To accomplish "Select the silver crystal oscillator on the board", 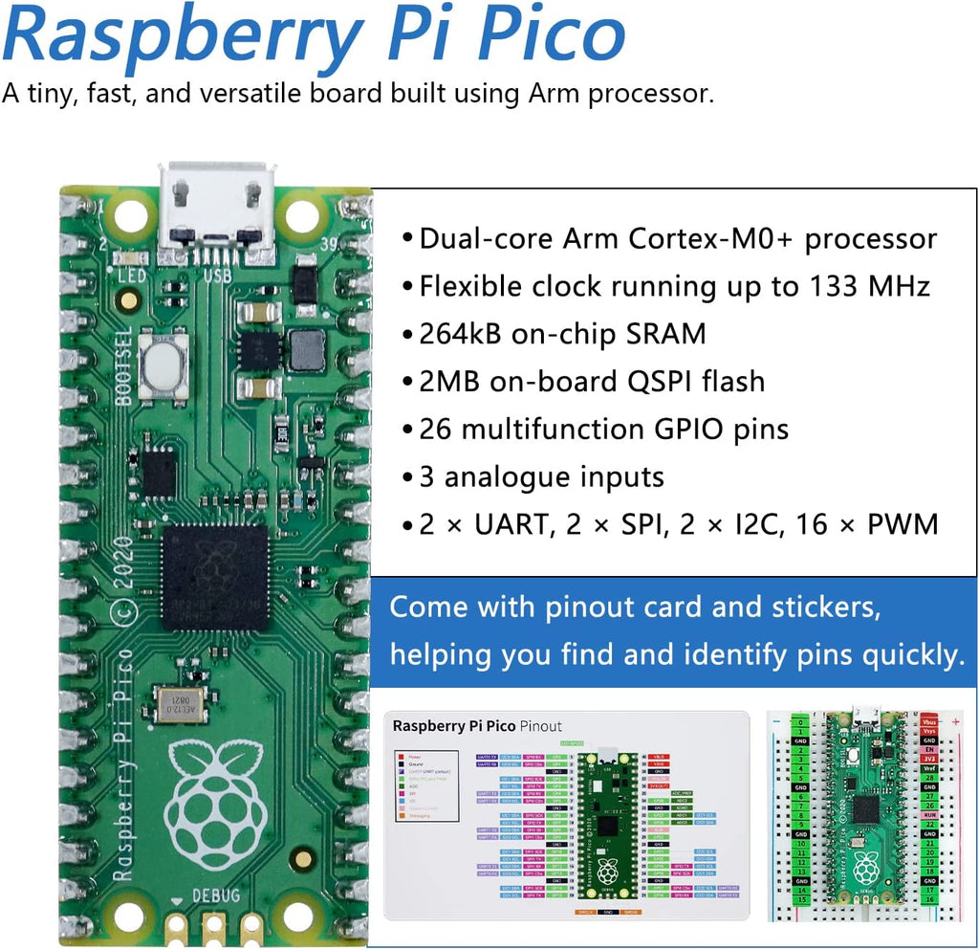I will click(180, 704).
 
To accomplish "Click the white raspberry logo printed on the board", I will click(213, 804).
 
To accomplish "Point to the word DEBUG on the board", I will click(216, 895).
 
